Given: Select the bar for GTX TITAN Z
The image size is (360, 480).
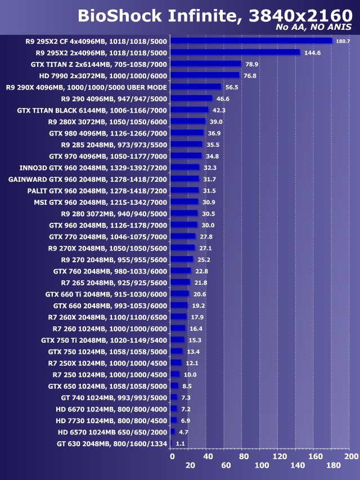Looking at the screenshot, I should (x=206, y=64).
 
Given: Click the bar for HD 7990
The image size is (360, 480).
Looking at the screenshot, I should (x=205, y=75).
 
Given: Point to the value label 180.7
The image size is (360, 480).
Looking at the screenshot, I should (x=343, y=41).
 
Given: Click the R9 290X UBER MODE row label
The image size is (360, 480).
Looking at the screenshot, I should (x=86, y=87).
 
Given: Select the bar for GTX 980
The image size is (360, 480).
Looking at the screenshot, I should (x=187, y=133).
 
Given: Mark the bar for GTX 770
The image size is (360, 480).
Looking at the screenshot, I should (x=183, y=236).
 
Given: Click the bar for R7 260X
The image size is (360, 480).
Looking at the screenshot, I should (x=178, y=317).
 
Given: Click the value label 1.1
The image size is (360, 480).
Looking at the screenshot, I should (x=181, y=443).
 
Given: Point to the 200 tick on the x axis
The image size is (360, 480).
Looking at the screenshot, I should (x=351, y=456).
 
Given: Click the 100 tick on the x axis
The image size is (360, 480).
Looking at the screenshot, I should (x=262, y=465).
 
